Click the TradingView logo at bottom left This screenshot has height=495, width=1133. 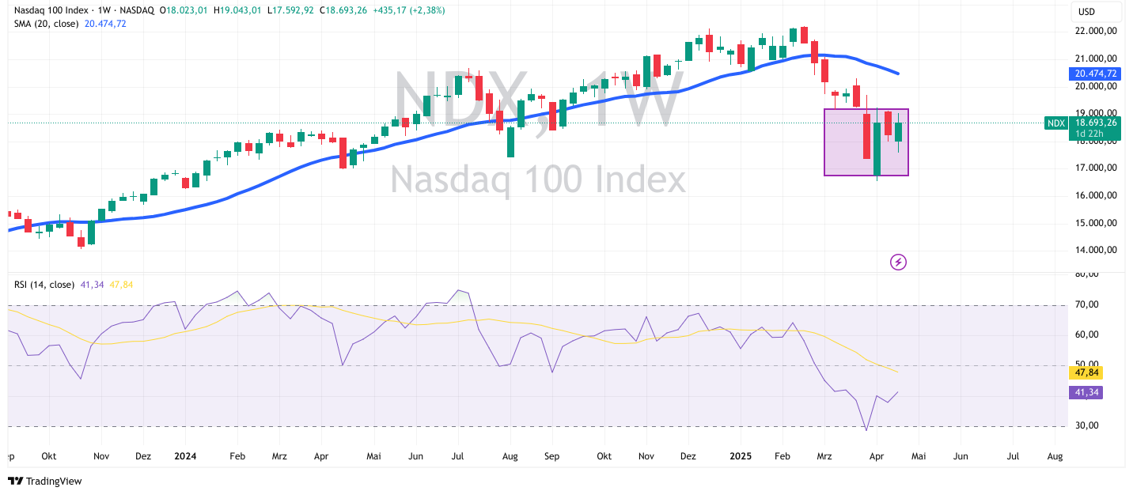point(45,481)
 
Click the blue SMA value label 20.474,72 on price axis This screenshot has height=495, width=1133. point(1096,74)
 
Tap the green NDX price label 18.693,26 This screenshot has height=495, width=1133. point(1096,123)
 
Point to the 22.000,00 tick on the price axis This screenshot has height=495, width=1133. point(1096,31)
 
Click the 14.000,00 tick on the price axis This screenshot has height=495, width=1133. point(1096,250)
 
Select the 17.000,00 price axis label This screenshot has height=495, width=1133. point(1096,168)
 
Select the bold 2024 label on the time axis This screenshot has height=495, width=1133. point(184,456)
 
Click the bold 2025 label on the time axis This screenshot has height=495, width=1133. point(741,456)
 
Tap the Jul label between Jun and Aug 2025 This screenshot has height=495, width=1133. point(1012,456)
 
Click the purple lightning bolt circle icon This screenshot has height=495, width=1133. point(898,262)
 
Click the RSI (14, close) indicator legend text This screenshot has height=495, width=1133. point(44,285)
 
